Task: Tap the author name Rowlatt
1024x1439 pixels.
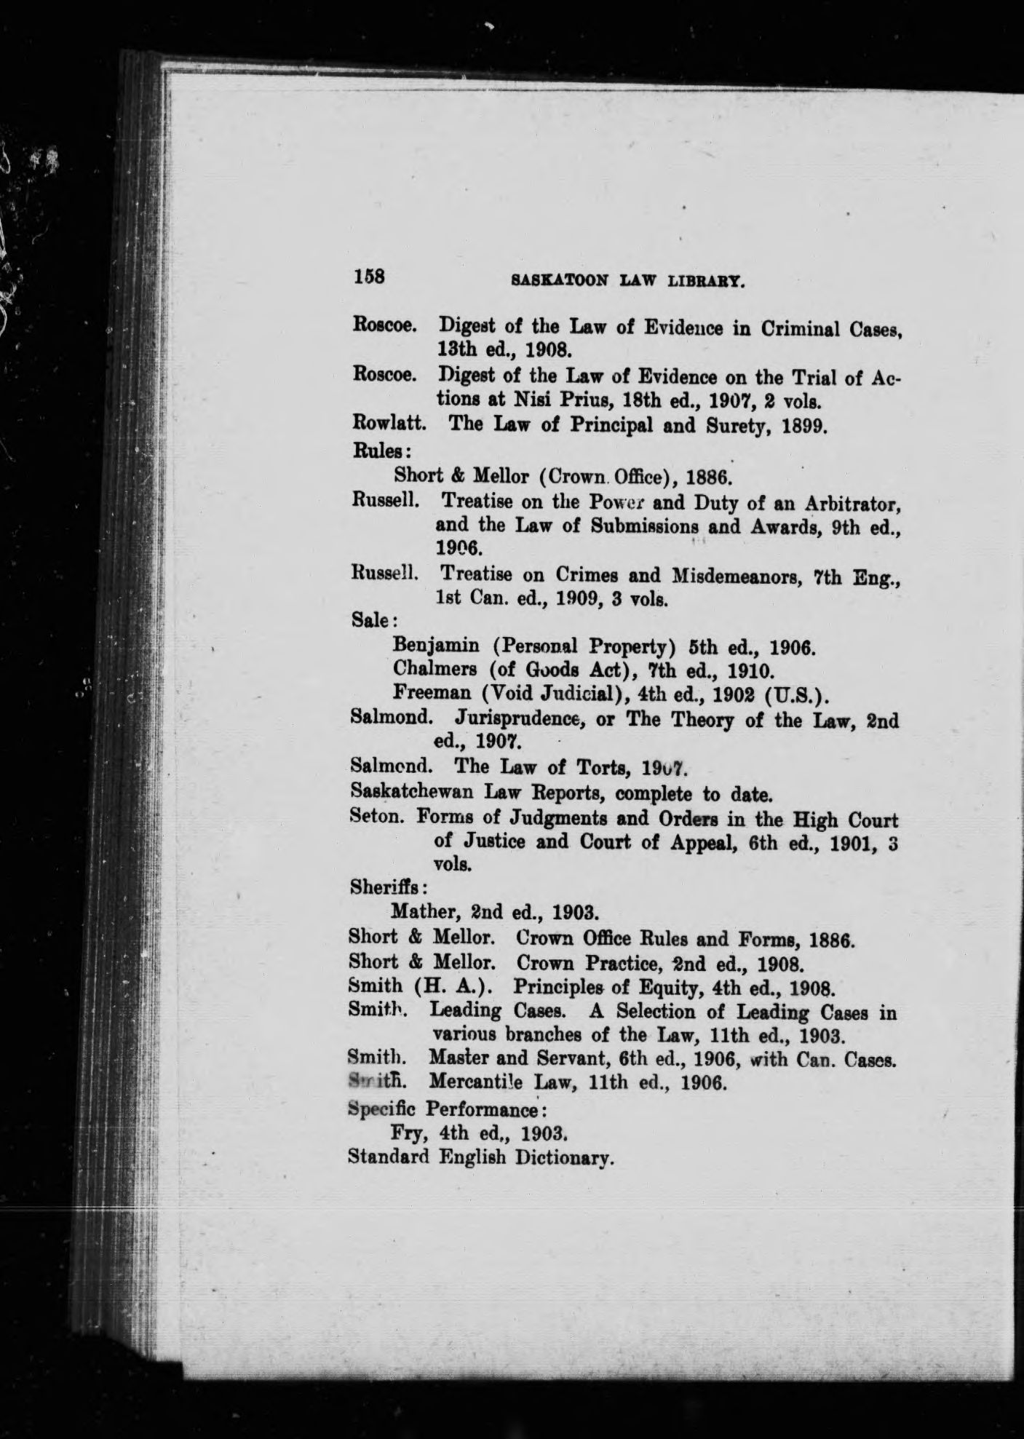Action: point(384,423)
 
